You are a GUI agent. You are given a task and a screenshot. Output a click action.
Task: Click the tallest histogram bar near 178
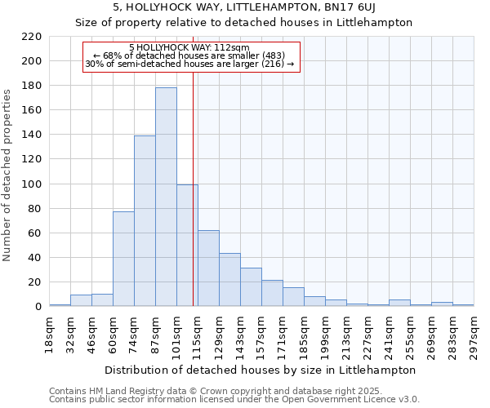(166, 197)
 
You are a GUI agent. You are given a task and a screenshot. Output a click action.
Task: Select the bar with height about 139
(145, 220)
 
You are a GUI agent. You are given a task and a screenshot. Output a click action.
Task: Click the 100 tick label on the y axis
(31, 184)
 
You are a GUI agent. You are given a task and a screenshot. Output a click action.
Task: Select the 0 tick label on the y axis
(38, 307)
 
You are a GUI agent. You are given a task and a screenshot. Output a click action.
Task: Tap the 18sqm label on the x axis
(49, 335)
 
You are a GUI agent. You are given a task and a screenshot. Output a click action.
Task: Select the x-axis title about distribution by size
(261, 370)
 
